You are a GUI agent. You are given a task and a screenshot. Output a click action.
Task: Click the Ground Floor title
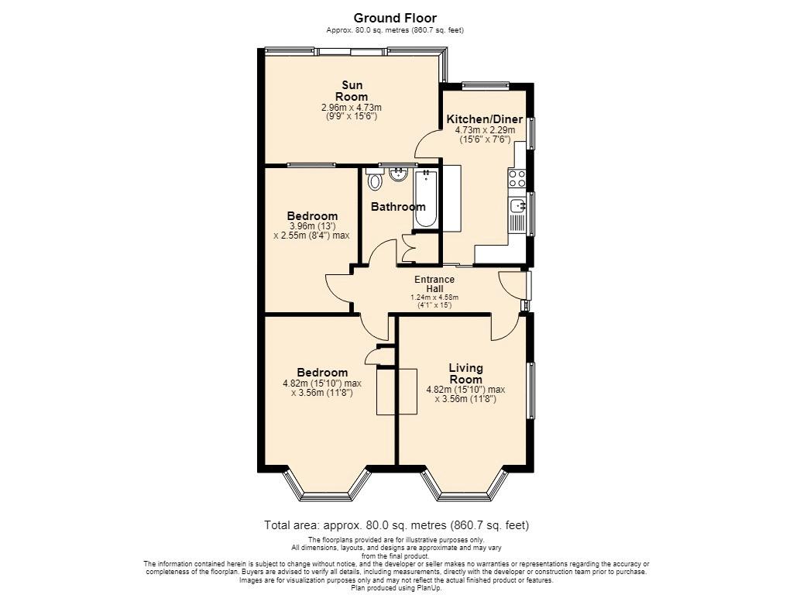point(395,19)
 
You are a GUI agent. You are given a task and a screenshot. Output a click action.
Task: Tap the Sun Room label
point(352,91)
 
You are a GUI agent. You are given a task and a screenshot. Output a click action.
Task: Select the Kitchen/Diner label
point(485,119)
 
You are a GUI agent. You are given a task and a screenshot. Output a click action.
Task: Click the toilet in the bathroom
point(375,179)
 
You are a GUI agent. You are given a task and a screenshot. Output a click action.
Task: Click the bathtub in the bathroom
point(425,198)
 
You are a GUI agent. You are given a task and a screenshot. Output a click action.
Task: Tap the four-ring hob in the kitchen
point(517,178)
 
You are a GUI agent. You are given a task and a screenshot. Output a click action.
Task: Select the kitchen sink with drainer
point(517,215)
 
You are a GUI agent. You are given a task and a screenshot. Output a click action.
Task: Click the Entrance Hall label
point(434,284)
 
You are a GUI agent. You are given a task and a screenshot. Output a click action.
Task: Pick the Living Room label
point(465,374)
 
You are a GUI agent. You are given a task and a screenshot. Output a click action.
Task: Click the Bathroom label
point(398,207)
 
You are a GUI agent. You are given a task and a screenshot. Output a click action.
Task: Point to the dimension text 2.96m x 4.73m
point(352,108)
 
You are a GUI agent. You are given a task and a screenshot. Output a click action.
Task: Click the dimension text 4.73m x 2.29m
point(485,130)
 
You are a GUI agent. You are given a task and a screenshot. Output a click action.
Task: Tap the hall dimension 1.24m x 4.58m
point(434,297)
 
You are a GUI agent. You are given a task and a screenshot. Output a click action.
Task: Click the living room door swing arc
point(503,330)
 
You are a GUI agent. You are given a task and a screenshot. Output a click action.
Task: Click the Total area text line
point(396,525)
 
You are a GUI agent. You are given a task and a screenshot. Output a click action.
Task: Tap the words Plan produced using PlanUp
point(396,589)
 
